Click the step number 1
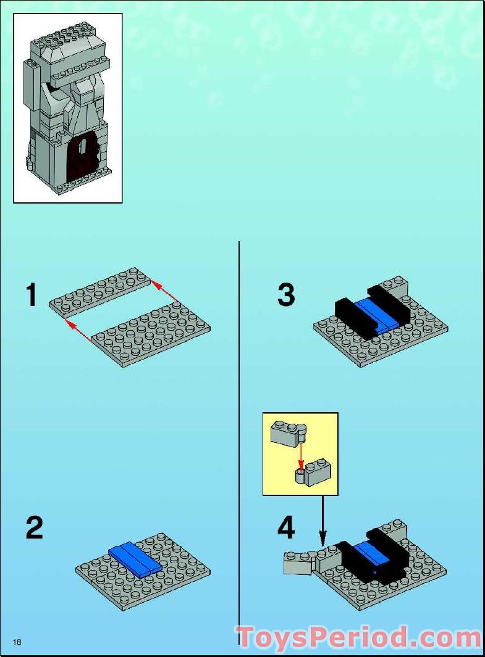tap(32, 295)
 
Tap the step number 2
tap(35, 528)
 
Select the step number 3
tap(286, 295)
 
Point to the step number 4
tap(286, 528)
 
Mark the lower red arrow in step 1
tap(79, 333)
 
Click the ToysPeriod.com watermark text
tap(358, 638)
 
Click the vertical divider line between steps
tap(239, 432)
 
